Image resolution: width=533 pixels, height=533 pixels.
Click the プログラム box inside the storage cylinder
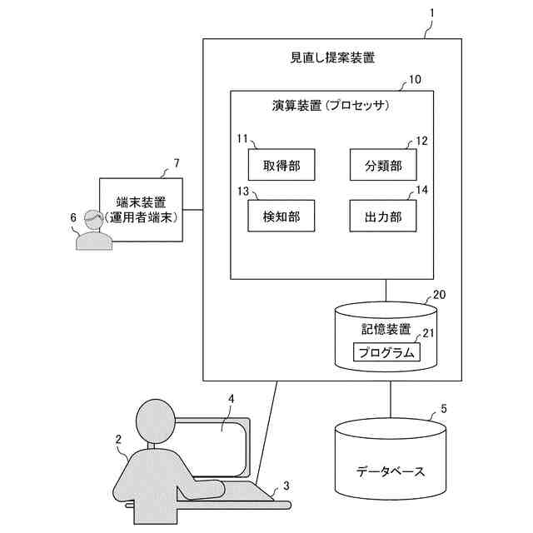[x=386, y=353]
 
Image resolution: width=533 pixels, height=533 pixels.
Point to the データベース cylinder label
[x=390, y=471]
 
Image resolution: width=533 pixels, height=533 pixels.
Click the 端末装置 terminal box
[x=140, y=209]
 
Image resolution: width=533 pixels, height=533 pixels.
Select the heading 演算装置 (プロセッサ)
[x=331, y=107]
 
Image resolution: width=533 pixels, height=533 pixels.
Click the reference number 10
[x=415, y=80]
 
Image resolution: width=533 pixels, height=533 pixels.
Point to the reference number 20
[x=439, y=294]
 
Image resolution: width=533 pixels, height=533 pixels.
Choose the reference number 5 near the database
[x=443, y=409]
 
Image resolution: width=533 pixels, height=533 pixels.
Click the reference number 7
[x=175, y=162]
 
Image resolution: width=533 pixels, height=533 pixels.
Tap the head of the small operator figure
[x=92, y=221]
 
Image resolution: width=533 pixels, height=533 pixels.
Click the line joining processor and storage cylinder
[x=386, y=290]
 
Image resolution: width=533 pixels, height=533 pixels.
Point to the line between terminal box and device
[x=192, y=209]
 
